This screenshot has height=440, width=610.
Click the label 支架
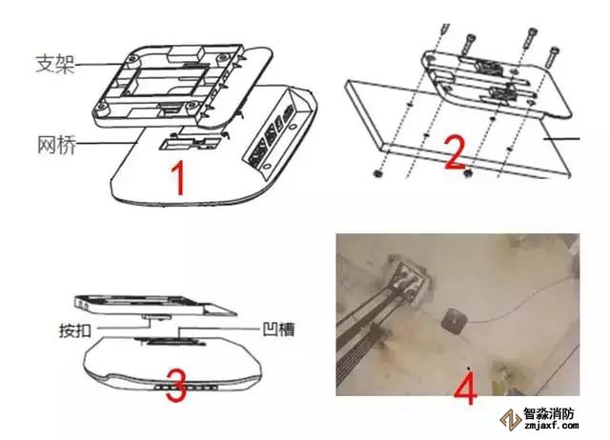(x=55, y=64)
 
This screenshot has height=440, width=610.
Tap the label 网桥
(x=57, y=145)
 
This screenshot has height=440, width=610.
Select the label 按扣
(x=75, y=330)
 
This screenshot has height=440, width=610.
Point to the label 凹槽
(x=278, y=330)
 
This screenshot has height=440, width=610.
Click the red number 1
(x=178, y=178)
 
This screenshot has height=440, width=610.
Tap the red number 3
(x=176, y=385)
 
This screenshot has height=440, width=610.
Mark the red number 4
(x=465, y=389)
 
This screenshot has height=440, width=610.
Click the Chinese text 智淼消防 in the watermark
(x=549, y=413)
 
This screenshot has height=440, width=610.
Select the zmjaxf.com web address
(x=551, y=426)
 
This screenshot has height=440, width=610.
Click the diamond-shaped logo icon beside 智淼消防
(x=511, y=420)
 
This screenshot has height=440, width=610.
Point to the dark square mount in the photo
(x=455, y=321)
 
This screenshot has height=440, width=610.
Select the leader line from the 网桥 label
(x=108, y=143)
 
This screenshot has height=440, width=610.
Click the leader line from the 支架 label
(x=103, y=64)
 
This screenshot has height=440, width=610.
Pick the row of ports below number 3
(x=186, y=388)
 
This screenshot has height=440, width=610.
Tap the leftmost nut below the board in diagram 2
(x=376, y=173)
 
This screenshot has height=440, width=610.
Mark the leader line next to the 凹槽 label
(x=219, y=329)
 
